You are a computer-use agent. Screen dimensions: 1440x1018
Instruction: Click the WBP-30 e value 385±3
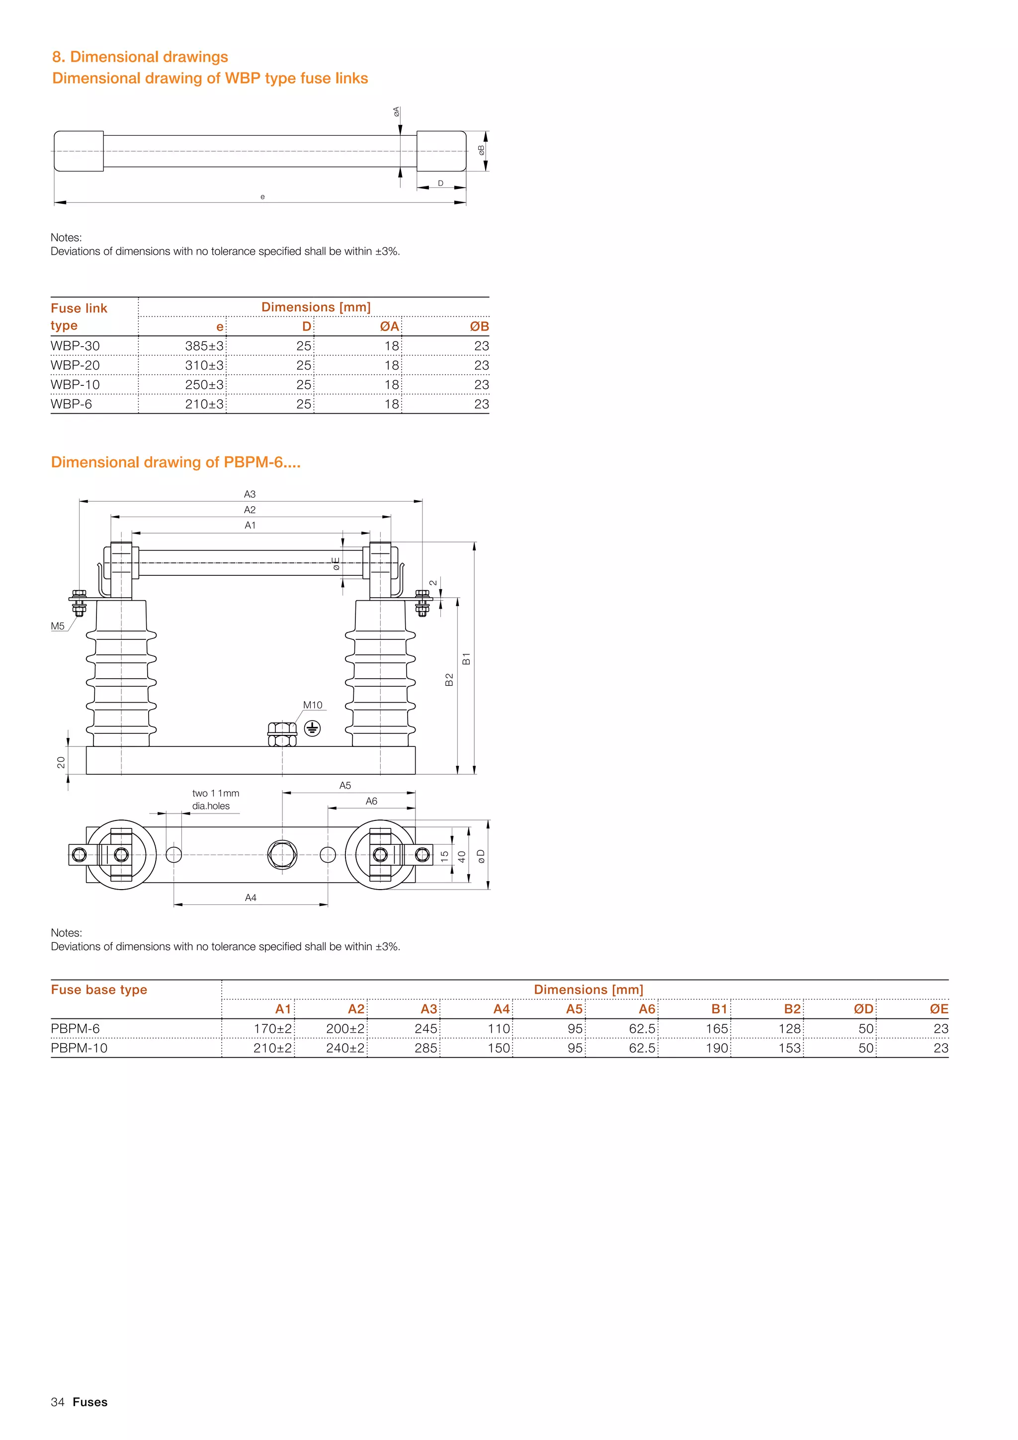[x=204, y=346]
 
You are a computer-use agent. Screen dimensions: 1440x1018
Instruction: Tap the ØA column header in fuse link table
[x=389, y=327]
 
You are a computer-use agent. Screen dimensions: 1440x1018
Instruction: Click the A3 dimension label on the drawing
[x=250, y=494]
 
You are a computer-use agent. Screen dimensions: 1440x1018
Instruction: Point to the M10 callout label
[x=313, y=705]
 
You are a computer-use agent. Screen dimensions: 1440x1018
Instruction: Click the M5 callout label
[x=58, y=626]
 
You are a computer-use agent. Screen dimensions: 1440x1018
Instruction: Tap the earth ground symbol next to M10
[x=312, y=728]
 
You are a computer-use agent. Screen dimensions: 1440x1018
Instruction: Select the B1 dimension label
[x=466, y=658]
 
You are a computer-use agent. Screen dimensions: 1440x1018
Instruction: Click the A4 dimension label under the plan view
[x=251, y=898]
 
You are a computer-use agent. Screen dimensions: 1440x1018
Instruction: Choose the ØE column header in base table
[x=938, y=1009]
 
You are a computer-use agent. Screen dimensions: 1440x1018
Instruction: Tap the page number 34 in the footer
[x=58, y=1402]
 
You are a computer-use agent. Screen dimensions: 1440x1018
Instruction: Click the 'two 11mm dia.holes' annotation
[x=216, y=800]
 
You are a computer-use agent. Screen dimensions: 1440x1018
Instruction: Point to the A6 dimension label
[x=372, y=801]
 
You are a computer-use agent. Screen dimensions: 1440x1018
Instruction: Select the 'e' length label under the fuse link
[x=262, y=197]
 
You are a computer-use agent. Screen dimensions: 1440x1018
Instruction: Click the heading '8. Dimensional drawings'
[x=140, y=57]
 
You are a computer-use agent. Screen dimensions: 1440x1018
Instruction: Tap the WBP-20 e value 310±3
[x=204, y=365]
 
